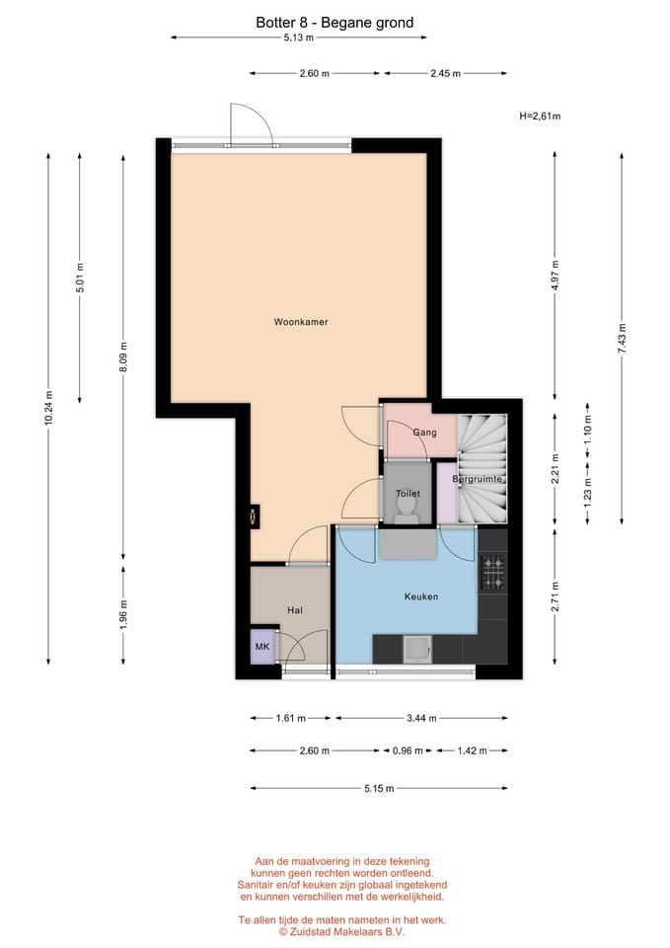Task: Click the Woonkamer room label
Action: tap(301, 322)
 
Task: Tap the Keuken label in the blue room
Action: tap(421, 596)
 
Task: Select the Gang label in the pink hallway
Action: tap(424, 433)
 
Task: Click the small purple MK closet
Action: tap(262, 647)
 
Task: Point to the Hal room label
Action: tap(294, 610)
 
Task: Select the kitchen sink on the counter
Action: tap(416, 648)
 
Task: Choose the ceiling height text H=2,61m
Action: tap(540, 116)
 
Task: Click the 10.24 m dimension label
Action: tap(48, 408)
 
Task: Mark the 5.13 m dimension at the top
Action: tap(298, 38)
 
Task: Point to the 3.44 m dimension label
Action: tap(422, 718)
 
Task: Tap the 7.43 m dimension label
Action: tap(622, 338)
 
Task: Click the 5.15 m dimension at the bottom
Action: tap(378, 788)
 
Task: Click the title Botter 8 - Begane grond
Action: tap(335, 22)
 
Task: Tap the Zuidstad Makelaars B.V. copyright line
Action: tap(341, 931)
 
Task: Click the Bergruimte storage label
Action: tap(478, 480)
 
